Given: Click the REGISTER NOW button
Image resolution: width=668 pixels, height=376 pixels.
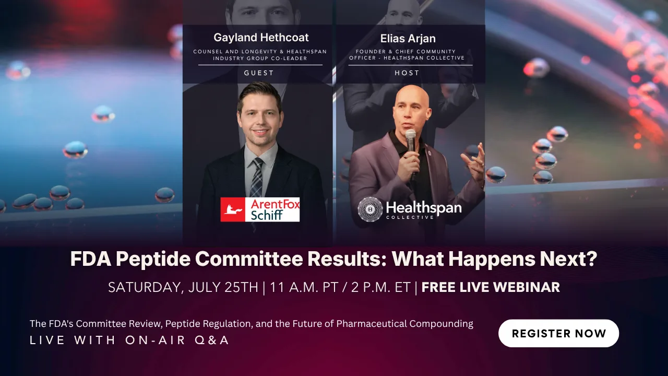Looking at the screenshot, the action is [558, 333].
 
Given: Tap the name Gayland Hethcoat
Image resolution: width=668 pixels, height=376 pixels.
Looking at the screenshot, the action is [261, 38].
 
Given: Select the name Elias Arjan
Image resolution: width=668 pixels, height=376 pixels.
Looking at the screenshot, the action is [408, 39].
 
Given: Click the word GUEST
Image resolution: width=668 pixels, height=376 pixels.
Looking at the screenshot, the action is [259, 73].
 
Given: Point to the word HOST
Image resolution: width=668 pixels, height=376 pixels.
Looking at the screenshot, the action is [407, 73].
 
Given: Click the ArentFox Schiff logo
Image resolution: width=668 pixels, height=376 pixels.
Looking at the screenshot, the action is [260, 209].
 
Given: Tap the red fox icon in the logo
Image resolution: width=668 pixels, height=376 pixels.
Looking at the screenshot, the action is [233, 209].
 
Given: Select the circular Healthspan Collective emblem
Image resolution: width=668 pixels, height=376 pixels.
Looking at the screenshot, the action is [370, 209].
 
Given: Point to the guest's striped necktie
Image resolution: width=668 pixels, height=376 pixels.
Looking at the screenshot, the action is [257, 178].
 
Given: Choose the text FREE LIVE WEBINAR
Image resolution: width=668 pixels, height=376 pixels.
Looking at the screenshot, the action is [491, 287].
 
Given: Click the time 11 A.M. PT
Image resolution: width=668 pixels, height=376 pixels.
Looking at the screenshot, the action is [304, 287].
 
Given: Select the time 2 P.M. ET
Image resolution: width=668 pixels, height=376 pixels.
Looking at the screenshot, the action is [381, 287].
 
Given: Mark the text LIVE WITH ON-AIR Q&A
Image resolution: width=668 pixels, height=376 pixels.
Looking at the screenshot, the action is [129, 340].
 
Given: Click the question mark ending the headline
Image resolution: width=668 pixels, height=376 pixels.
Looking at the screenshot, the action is [592, 258].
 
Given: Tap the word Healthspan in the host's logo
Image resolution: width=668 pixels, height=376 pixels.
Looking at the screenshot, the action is [424, 208].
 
